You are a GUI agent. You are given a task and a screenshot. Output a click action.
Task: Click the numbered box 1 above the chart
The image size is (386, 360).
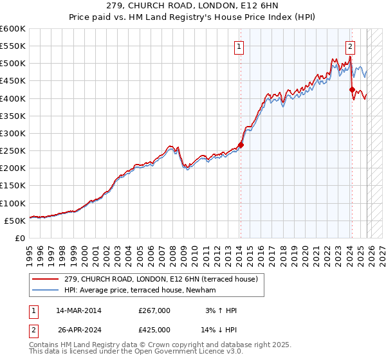(239, 46)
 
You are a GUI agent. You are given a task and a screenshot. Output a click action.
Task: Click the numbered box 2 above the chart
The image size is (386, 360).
(351, 46)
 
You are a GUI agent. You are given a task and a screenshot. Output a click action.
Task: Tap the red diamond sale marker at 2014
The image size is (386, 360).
(241, 145)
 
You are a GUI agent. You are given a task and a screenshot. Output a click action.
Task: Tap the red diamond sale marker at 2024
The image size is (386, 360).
(352, 90)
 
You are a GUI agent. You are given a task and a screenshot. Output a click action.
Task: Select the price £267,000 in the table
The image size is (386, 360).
(154, 310)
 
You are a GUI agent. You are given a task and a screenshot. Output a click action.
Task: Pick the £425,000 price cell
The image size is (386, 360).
(154, 331)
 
